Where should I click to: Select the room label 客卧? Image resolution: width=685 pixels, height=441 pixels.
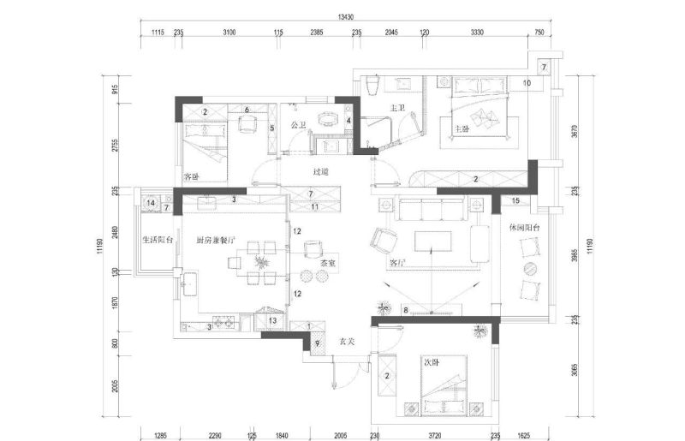(191, 176)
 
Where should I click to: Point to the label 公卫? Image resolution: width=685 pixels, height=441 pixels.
(299, 126)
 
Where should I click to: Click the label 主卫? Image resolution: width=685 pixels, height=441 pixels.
(397, 109)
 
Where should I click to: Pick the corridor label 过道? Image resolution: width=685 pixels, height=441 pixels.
(321, 172)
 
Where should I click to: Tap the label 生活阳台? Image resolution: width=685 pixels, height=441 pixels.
(158, 240)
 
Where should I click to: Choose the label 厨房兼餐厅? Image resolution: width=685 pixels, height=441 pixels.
(213, 240)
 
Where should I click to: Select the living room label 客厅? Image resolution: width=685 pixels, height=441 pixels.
(397, 263)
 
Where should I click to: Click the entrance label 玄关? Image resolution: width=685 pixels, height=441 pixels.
(348, 341)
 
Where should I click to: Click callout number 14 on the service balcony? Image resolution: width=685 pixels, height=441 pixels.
(151, 203)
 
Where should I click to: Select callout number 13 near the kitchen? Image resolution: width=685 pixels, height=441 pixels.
(272, 321)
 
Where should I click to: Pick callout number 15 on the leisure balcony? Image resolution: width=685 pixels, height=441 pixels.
(515, 201)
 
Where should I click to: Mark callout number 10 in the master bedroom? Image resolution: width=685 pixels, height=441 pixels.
(527, 83)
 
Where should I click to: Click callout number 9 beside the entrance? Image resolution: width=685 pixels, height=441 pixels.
(316, 344)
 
